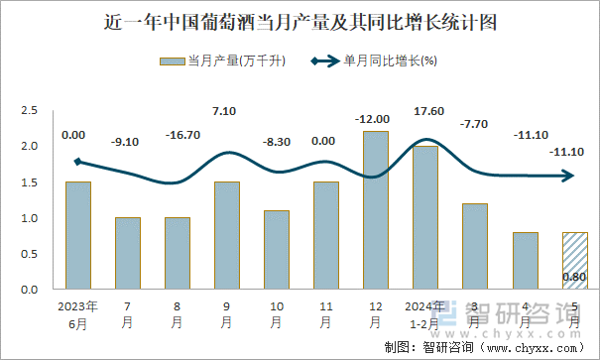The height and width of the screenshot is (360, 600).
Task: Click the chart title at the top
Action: point(300,21)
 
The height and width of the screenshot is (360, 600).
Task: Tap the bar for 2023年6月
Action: point(78,235)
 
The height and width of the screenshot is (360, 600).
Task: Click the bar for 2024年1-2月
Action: point(425,217)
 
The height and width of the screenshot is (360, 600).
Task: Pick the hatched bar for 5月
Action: point(574,260)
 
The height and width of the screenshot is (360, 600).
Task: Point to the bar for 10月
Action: point(277,249)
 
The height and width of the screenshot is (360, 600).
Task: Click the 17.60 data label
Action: point(426,111)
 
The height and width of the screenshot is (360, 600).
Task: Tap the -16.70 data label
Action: point(179,134)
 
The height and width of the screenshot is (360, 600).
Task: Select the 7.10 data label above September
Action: point(227,111)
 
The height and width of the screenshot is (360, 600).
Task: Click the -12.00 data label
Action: point(376,119)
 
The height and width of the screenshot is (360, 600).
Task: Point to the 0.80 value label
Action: point(574,278)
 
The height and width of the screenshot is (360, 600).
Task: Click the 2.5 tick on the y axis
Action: point(30,111)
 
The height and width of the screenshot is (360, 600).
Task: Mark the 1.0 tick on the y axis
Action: point(30,218)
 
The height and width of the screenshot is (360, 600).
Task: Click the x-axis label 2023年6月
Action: point(78,313)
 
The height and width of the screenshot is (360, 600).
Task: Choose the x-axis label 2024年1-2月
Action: point(425,313)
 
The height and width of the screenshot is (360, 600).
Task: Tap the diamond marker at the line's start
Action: point(78,162)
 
